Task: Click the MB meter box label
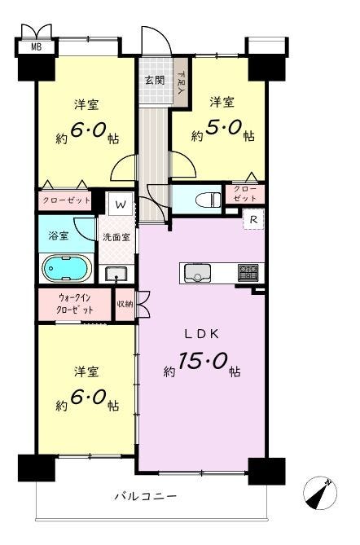tap(36, 46)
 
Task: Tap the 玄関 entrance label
tap(155, 81)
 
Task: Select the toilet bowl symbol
tap(209, 200)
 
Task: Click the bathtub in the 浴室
tap(67, 268)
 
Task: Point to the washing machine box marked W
tap(121, 204)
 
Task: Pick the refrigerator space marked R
tap(253, 219)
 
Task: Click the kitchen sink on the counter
tap(197, 273)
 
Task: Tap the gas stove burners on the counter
tap(248, 272)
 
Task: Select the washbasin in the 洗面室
tap(116, 275)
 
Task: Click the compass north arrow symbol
tap(320, 493)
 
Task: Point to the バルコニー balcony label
tap(146, 496)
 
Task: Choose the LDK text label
tap(201, 334)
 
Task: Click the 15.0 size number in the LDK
tap(203, 362)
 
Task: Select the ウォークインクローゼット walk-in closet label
tap(75, 304)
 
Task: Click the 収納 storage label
tap(125, 304)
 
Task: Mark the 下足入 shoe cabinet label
tap(181, 82)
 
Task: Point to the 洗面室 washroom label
tap(116, 237)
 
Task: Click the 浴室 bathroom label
tap(59, 235)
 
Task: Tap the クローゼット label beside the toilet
tap(245, 194)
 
